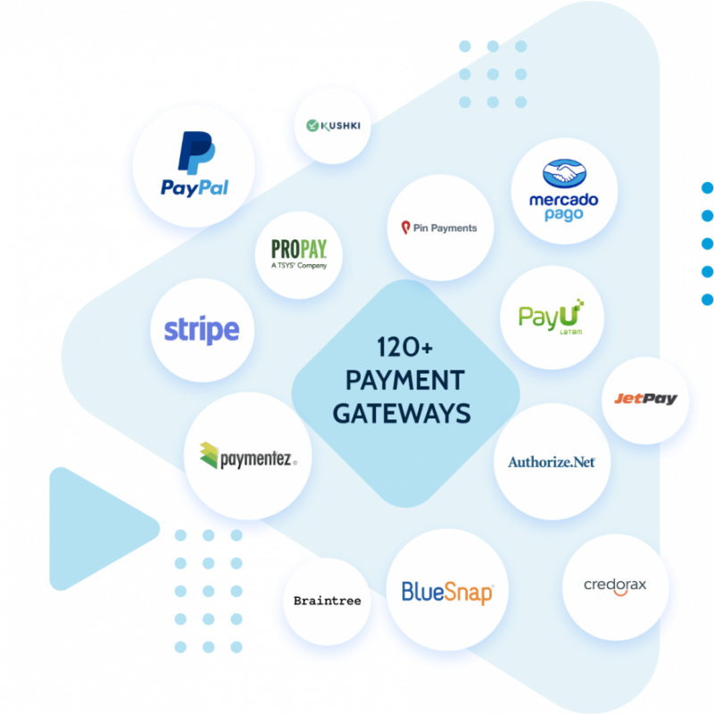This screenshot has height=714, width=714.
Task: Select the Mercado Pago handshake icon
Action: pyautogui.click(x=563, y=173)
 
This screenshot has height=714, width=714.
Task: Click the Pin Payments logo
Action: pyautogui.click(x=439, y=228)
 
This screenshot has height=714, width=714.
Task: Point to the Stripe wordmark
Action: pyautogui.click(x=202, y=330)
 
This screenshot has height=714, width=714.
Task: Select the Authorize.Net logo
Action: pyautogui.click(x=552, y=461)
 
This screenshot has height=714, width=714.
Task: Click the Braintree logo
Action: pyautogui.click(x=327, y=601)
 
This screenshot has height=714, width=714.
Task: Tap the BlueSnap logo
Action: pyautogui.click(x=447, y=590)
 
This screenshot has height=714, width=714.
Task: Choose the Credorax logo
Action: pyautogui.click(x=615, y=585)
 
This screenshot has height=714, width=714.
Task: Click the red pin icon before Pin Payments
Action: pyautogui.click(x=404, y=228)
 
